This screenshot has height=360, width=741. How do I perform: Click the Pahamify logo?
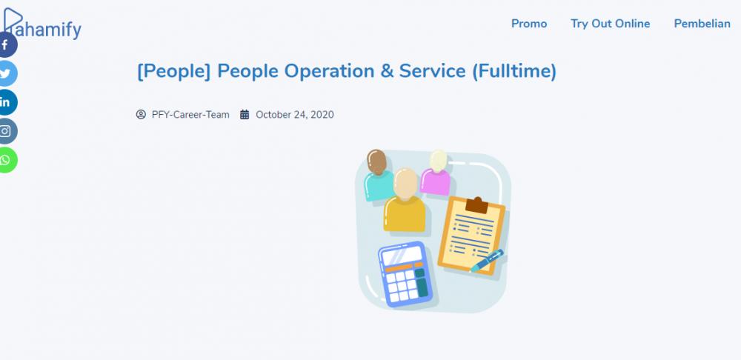(x=42, y=24)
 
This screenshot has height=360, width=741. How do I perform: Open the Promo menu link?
(x=529, y=24)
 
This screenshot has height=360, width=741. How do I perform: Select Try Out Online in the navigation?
(x=610, y=24)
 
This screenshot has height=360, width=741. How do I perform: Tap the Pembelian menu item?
(x=702, y=24)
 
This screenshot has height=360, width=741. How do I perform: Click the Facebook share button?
(x=6, y=45)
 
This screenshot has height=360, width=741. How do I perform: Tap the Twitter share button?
(x=6, y=73)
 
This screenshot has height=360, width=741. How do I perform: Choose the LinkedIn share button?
(x=6, y=102)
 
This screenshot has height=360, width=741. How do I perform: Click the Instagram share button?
(x=6, y=131)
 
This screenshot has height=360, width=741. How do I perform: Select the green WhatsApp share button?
(x=6, y=160)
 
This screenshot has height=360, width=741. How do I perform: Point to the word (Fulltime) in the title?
(x=514, y=71)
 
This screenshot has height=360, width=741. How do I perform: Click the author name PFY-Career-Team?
(x=190, y=114)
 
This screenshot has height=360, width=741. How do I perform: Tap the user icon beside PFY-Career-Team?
(x=141, y=114)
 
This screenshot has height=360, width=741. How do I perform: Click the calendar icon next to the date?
(x=245, y=114)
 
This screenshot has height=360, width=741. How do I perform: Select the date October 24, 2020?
(x=295, y=114)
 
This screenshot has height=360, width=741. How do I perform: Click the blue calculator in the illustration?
(x=405, y=274)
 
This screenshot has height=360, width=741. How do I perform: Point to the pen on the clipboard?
(x=487, y=261)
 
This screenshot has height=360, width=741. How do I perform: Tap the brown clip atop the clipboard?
(x=476, y=205)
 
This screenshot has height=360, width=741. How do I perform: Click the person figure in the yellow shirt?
(x=404, y=200)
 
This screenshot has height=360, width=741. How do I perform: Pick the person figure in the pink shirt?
(x=436, y=173)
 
